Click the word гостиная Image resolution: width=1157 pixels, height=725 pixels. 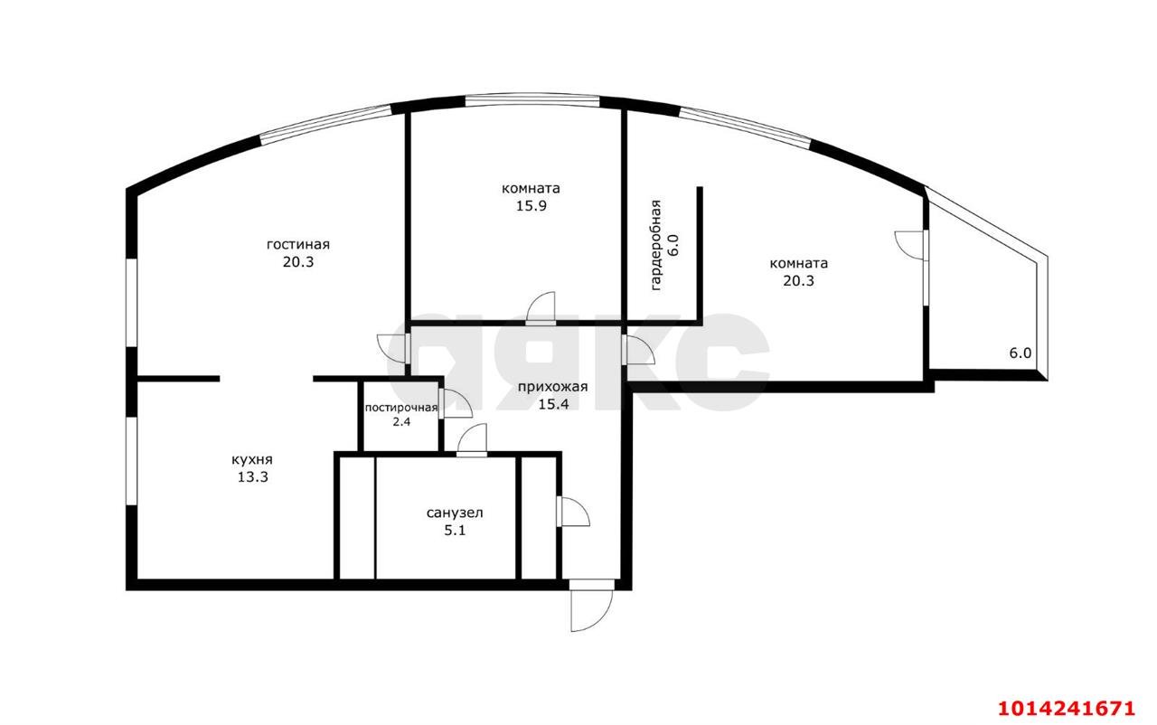coord(298,244)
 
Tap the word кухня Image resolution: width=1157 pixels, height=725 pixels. coord(252,459)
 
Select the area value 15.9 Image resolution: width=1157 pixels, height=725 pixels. coord(531,205)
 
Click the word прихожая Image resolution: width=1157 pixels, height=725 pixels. coord(552,387)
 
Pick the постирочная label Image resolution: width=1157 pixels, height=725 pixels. coord(401,408)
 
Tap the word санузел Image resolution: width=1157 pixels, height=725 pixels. coord(455,513)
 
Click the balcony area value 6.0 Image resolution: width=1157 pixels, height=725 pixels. coord(1021,353)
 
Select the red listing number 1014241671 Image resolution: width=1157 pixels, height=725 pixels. coord(1067,708)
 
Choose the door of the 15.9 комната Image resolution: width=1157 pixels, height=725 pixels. coord(541,308)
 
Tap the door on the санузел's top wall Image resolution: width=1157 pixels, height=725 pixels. coord(472,440)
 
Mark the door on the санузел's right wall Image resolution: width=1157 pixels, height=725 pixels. coord(573,513)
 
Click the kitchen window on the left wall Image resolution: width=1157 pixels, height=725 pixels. coord(132,461)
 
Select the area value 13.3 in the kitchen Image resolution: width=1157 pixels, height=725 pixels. coord(252,477)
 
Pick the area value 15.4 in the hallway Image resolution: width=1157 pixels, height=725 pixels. coord(553,404)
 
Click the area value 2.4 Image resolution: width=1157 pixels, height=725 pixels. coord(401,422)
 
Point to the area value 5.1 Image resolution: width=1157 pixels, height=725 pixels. coord(455,531)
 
